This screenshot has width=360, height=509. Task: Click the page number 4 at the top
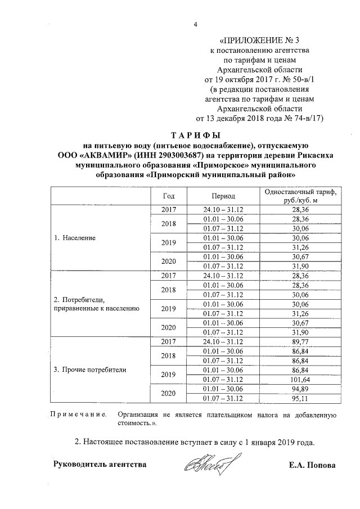coord(195,24)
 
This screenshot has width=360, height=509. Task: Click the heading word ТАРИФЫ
coord(195,135)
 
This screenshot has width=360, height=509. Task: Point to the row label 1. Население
coord(75,238)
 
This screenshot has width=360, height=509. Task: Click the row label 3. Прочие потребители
coord(90,370)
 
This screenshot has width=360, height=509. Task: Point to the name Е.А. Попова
coord(310,465)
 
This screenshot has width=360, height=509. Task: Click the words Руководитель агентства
coord(100,465)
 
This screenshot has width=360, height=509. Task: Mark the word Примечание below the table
coord(79,415)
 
